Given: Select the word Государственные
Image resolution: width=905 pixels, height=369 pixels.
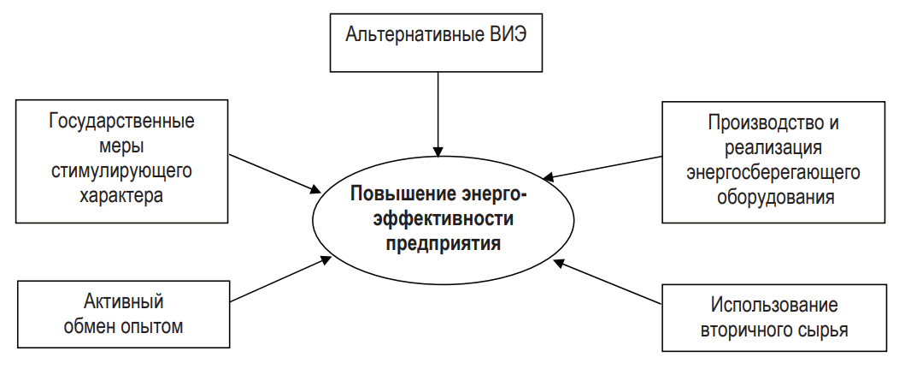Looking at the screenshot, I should [x=121, y=121].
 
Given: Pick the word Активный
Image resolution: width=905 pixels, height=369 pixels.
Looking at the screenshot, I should [x=123, y=301].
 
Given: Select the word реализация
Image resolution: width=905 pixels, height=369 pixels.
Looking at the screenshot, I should [x=773, y=148].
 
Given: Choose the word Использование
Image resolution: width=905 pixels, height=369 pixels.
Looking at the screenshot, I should [x=773, y=306].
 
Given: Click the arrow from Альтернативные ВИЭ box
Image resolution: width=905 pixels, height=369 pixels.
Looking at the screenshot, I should [x=438, y=111].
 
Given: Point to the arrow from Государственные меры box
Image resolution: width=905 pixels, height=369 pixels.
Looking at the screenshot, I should [x=273, y=173].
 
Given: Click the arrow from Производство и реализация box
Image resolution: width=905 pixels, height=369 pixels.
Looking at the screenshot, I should [x=603, y=167].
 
